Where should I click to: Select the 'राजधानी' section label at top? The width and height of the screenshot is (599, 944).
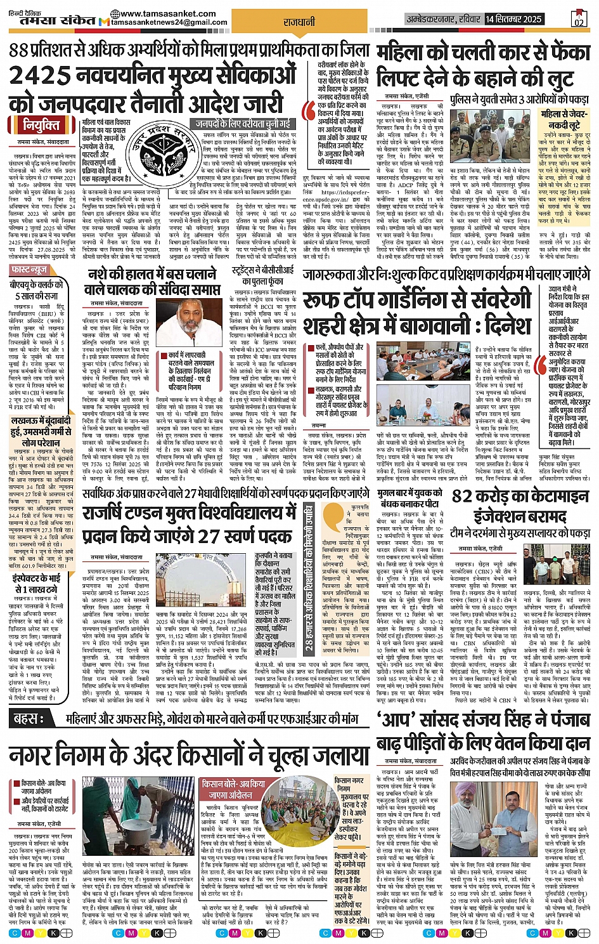click(x=300, y=22)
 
